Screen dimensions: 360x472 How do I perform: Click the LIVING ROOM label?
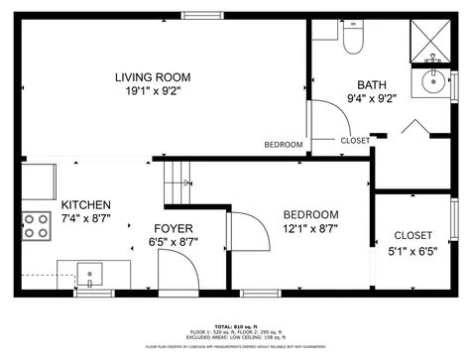pyautogui.click(x=152, y=77)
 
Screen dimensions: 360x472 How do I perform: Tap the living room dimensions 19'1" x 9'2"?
pyautogui.click(x=152, y=92)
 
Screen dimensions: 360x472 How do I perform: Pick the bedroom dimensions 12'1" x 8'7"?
pyautogui.click(x=310, y=228)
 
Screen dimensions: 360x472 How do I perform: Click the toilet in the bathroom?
pyautogui.click(x=354, y=39)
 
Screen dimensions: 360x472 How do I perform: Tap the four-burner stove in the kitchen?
pyautogui.click(x=38, y=226)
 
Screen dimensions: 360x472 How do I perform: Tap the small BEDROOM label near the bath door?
pyautogui.click(x=284, y=145)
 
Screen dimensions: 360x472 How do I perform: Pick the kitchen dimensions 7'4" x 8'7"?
pyautogui.click(x=86, y=218)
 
